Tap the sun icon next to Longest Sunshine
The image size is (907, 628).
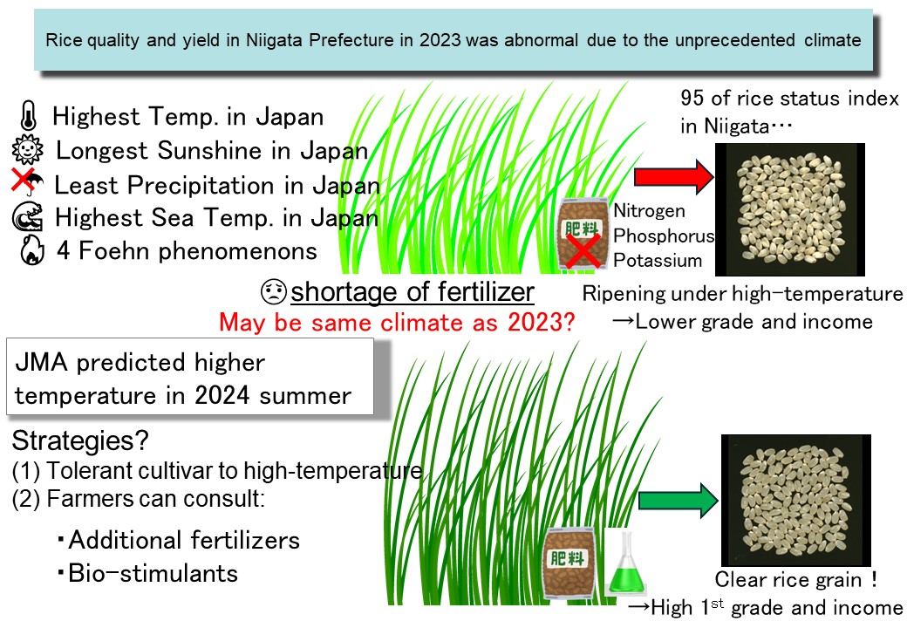27,150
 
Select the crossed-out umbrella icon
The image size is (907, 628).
27,182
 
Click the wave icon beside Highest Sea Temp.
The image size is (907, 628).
28,217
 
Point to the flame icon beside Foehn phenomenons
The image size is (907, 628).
31,249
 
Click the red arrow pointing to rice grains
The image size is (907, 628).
673,176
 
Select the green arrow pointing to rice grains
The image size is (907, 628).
678,500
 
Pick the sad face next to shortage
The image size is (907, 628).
274,291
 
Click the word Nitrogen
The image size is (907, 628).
649,211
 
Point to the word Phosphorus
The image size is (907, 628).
664,235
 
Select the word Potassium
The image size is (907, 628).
658,260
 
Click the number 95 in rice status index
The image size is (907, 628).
692,98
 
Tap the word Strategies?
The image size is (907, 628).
80,441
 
